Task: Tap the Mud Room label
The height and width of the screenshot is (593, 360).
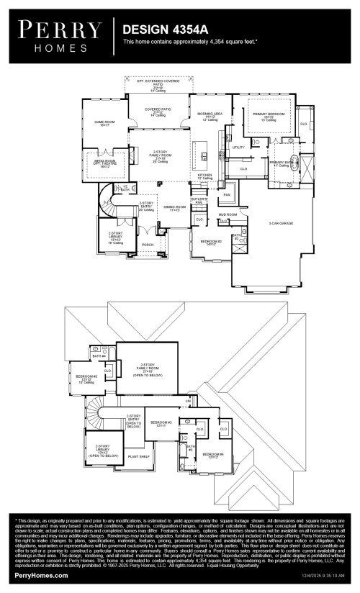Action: point(228,214)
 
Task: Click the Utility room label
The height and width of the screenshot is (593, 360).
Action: point(238,148)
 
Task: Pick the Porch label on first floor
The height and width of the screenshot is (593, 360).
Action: point(148,245)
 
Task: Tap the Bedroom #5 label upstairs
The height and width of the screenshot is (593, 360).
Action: point(87,377)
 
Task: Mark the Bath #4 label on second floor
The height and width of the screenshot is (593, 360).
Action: point(99,356)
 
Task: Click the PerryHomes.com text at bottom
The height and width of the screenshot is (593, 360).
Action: point(41,576)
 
